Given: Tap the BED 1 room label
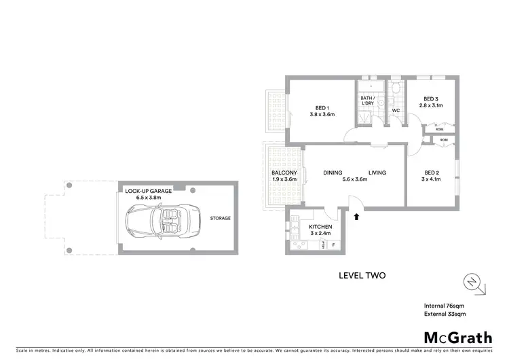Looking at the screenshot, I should click(322, 107).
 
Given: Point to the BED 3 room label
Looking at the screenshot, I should click(428, 98).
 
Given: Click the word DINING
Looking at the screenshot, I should click(333, 173).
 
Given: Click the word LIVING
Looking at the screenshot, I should click(377, 173).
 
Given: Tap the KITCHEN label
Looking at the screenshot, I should click(320, 227).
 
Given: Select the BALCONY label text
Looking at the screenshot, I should click(284, 173).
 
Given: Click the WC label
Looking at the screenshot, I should click(395, 110).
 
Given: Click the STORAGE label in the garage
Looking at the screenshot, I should click(220, 218).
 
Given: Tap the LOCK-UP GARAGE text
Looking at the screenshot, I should click(149, 192).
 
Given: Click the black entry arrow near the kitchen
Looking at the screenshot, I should click(356, 217).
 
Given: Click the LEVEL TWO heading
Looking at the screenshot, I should click(362, 276).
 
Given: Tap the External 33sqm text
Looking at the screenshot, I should click(445, 315).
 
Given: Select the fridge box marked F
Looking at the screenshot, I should click(333, 244).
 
